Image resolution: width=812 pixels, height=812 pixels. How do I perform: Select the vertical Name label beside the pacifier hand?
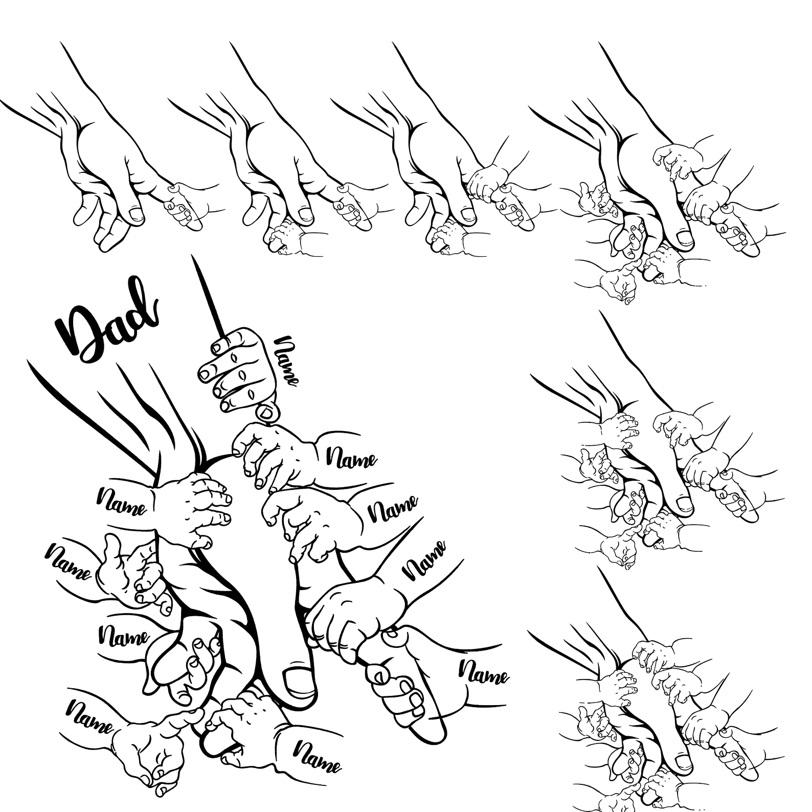tap(286, 360)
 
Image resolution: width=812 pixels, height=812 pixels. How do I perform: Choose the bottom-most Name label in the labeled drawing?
tap(317, 757)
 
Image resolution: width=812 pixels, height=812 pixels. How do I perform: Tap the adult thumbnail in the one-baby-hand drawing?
tap(136, 214)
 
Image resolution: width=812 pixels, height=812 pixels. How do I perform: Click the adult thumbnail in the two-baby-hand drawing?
tap(305, 213)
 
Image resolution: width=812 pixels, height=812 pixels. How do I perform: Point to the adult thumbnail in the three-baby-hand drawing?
tap(468, 213)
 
